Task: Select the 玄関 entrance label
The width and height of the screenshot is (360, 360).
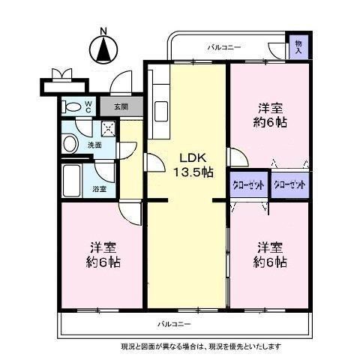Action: (121, 106)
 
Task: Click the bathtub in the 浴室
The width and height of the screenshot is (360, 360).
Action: (72, 181)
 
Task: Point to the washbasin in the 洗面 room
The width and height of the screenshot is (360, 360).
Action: (70, 143)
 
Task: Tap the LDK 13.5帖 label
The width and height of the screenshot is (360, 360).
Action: (193, 165)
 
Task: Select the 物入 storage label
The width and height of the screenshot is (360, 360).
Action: (298, 47)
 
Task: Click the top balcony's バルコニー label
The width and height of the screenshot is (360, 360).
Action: (224, 47)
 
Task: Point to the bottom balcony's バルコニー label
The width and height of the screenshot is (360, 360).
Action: (174, 324)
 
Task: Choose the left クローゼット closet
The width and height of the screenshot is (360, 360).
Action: (248, 185)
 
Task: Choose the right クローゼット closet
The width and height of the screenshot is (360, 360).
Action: (290, 185)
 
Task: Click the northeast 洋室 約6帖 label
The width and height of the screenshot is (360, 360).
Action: (270, 115)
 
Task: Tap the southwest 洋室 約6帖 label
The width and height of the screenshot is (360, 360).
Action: (103, 255)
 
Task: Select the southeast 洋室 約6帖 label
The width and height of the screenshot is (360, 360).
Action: (270, 255)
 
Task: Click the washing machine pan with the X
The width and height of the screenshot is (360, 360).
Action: (109, 130)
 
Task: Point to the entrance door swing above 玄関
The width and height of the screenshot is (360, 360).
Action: (121, 82)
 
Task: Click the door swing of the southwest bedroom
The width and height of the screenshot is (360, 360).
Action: (130, 213)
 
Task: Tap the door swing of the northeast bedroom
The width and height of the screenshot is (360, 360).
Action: (238, 157)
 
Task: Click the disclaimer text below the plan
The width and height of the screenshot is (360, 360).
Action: (201, 346)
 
